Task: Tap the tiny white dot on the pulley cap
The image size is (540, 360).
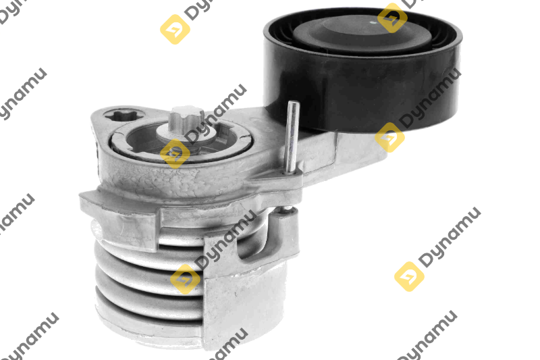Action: [x=372, y=23]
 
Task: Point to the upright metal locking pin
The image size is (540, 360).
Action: [x=292, y=137]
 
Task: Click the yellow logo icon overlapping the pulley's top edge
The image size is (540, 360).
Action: [x=392, y=18]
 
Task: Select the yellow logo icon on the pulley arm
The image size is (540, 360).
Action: [x=389, y=138]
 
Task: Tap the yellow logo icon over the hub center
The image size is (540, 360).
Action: [x=175, y=153]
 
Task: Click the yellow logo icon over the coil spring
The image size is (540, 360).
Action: [x=185, y=280]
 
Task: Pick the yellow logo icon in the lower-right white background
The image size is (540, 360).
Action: [x=409, y=277]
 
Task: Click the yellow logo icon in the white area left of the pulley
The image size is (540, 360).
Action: [x=175, y=29]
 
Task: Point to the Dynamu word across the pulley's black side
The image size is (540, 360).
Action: [x=431, y=98]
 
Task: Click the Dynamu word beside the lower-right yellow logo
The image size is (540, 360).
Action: [x=450, y=237]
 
